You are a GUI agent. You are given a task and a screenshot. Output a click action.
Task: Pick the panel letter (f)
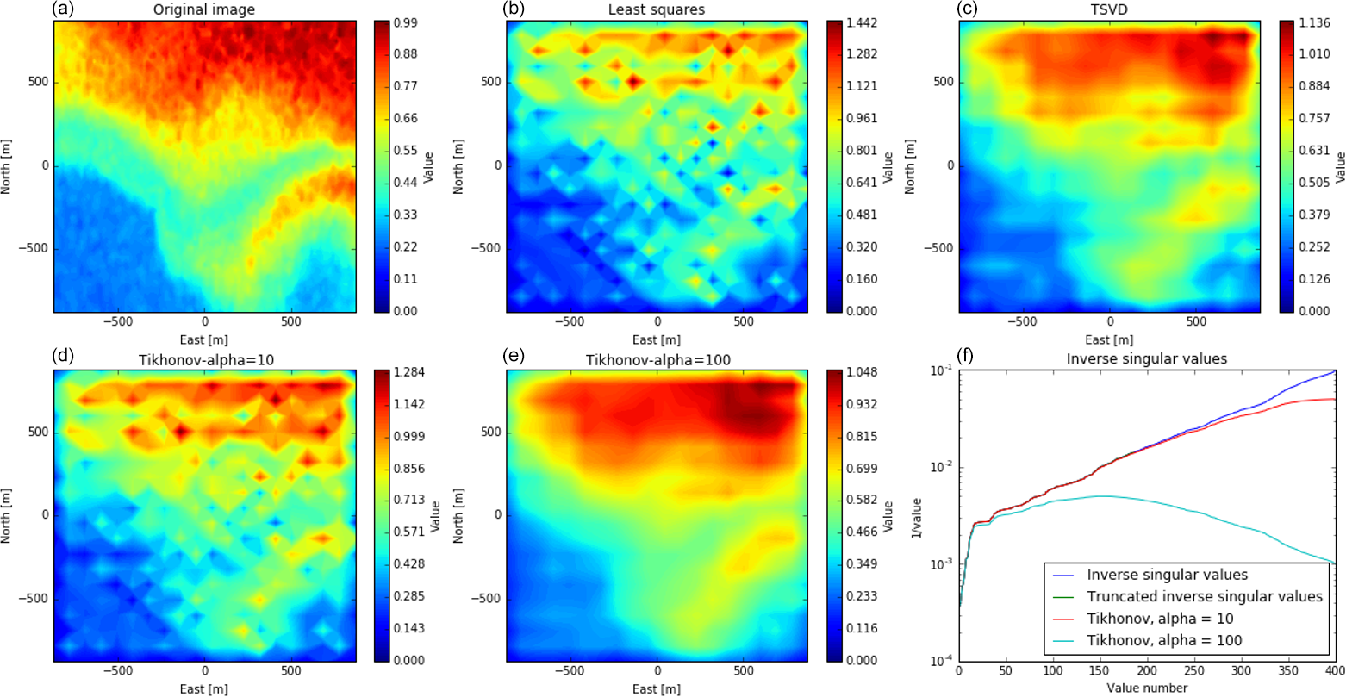coord(966,358)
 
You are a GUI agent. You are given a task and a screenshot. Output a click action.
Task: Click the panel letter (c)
coord(966,9)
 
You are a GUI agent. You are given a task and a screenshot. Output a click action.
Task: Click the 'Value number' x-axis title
coord(1147,688)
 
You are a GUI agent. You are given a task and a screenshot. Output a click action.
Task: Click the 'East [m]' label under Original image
coord(205,339)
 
